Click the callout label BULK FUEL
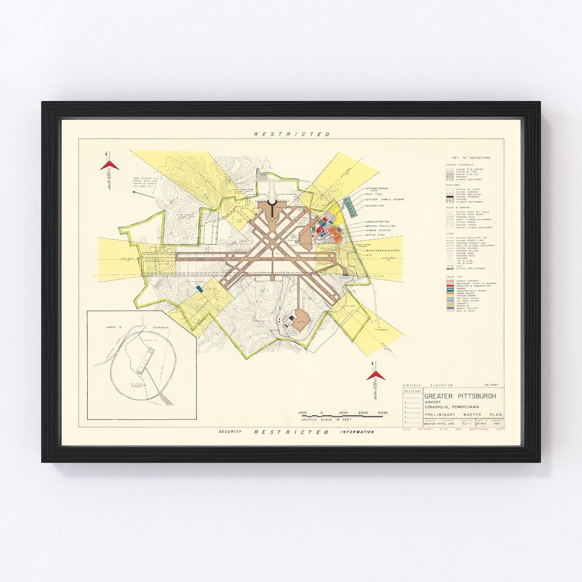click(374, 194)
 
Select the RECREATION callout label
click(375, 206)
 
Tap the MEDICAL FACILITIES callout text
click(380, 226)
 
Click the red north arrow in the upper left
click(109, 165)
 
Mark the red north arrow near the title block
click(376, 375)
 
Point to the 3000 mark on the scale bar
click(383, 413)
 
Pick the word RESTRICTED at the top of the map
click(292, 134)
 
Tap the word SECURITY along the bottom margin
click(229, 432)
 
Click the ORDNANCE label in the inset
click(160, 327)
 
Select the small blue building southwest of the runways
click(199, 289)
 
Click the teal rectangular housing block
click(349, 205)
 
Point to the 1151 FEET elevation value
click(493, 385)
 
